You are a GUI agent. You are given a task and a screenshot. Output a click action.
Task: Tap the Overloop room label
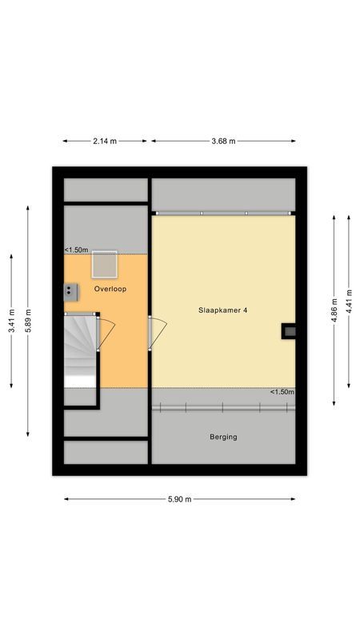click(110, 288)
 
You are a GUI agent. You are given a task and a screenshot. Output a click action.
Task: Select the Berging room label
click(223, 437)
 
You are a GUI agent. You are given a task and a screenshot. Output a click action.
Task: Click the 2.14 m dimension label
click(105, 141)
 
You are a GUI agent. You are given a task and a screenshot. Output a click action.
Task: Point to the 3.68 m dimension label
click(223, 141)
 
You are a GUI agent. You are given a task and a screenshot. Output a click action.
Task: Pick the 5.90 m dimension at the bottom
click(180, 499)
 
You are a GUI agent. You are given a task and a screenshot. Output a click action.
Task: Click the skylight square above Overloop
click(104, 263)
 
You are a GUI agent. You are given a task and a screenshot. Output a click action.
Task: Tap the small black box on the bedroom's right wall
click(289, 331)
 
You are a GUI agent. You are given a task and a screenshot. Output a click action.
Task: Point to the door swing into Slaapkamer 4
click(159, 330)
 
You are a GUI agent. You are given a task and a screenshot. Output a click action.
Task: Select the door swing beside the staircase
click(106, 332)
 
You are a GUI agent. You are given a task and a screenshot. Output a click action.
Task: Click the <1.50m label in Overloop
click(77, 250)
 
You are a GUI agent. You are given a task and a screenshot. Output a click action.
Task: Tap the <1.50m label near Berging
click(282, 392)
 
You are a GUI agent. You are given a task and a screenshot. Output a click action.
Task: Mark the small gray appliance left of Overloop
click(71, 290)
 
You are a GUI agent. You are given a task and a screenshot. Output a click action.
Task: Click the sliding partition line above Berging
click(223, 408)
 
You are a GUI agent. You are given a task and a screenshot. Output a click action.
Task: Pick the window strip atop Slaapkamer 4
click(223, 213)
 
